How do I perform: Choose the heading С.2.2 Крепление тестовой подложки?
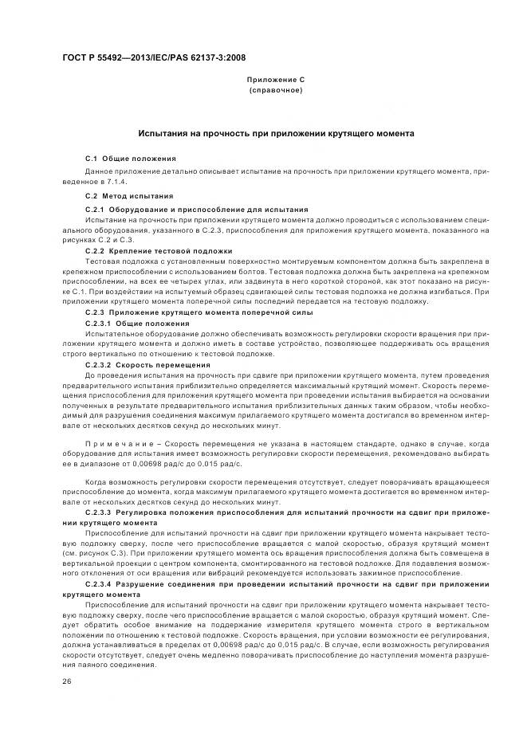[x=159, y=250]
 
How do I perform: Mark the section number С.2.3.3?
[x=100, y=512]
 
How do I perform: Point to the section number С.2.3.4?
[x=100, y=584]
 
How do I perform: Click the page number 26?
[x=66, y=681]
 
